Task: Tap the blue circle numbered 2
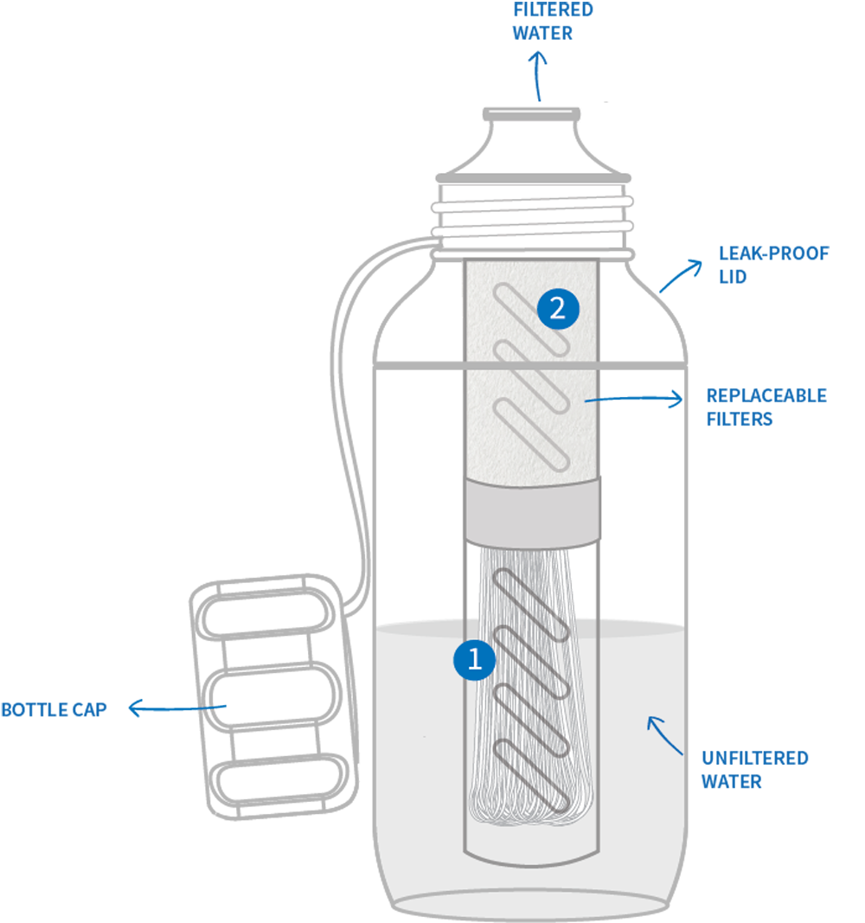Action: (557, 309)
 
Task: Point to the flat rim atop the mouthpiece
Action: (531, 112)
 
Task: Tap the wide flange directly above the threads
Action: (531, 178)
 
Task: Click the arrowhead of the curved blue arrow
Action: (650, 720)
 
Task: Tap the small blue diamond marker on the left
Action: (228, 702)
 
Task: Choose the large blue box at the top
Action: (484, 30)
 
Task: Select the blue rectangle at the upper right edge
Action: (761, 277)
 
